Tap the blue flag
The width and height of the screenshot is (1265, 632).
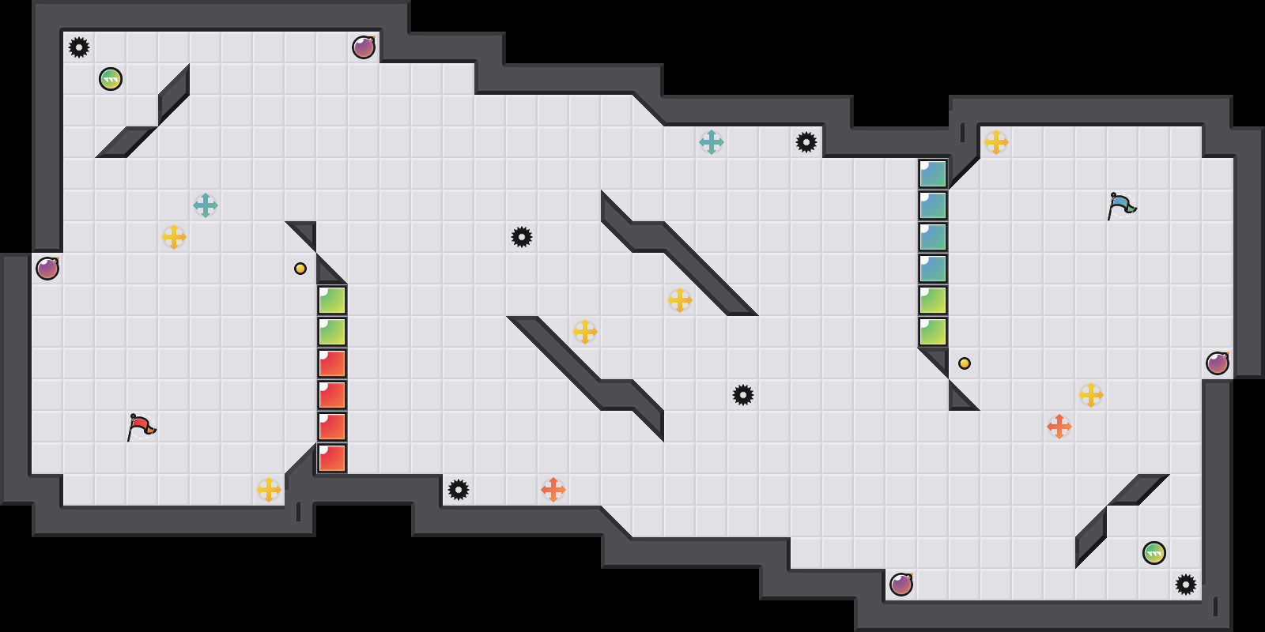click(1121, 205)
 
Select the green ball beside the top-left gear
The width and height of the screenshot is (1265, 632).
click(111, 79)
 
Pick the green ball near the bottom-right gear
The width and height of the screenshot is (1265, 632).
click(1154, 553)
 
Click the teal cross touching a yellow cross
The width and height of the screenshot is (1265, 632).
click(206, 205)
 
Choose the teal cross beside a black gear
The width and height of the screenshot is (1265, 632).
click(712, 142)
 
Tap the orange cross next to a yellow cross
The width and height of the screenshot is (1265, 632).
click(1059, 427)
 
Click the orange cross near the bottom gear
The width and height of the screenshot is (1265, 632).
click(553, 490)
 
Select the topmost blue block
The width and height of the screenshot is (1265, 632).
click(933, 174)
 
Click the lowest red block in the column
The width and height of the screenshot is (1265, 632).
click(332, 458)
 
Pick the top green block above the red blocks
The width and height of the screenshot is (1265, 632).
click(332, 300)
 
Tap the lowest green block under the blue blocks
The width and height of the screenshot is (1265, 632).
click(933, 332)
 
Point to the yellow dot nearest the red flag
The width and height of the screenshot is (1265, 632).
click(300, 269)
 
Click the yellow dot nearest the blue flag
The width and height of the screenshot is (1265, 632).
click(965, 363)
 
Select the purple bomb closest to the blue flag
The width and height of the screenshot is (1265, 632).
click(1218, 363)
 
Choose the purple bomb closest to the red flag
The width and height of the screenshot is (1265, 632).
click(47, 269)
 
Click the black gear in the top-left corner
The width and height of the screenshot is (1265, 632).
click(79, 47)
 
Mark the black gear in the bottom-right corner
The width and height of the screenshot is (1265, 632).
click(1186, 585)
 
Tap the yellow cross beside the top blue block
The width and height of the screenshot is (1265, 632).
click(996, 142)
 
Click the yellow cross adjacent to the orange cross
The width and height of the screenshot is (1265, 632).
click(1091, 395)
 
